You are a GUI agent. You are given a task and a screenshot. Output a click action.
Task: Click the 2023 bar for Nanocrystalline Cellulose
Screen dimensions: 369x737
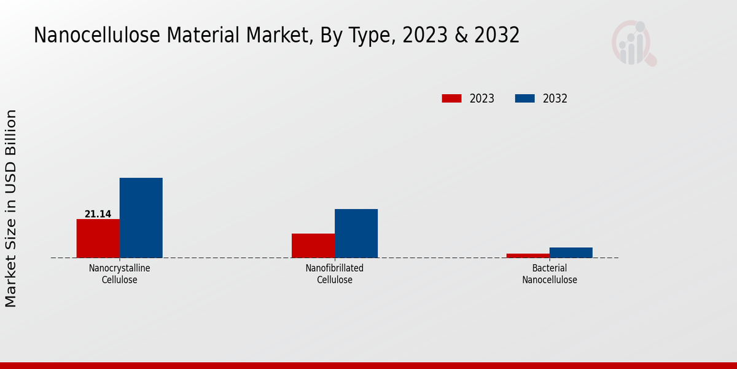pos(98,238)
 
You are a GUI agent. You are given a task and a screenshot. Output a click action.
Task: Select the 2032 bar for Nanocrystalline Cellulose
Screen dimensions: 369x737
pos(141,218)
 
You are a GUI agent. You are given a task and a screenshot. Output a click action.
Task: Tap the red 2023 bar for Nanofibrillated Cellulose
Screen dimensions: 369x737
pos(313,245)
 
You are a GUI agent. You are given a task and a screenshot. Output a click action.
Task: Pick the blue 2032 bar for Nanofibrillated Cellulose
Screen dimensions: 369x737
pos(356,233)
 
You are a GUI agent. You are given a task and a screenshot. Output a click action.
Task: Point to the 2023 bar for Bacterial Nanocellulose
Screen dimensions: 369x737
pos(528,255)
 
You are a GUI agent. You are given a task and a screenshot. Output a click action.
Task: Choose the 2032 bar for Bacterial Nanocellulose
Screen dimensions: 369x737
pos(571,252)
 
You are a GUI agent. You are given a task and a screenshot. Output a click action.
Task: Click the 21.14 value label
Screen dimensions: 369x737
pos(98,214)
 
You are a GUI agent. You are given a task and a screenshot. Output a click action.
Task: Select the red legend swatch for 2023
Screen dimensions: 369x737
pos(451,98)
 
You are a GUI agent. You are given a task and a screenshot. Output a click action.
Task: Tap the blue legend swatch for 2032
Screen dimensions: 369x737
pos(524,98)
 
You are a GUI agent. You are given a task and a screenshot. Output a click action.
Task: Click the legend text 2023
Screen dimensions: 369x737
pos(482,98)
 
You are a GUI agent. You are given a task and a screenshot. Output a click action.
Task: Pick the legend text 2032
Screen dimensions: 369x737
pos(555,98)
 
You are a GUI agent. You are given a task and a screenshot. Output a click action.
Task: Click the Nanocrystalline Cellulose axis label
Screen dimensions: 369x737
pos(119,274)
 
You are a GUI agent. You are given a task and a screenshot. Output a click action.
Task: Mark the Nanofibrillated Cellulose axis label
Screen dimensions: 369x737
pos(335,274)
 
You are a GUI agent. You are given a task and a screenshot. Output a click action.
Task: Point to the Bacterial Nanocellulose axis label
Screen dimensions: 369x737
pos(550,274)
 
